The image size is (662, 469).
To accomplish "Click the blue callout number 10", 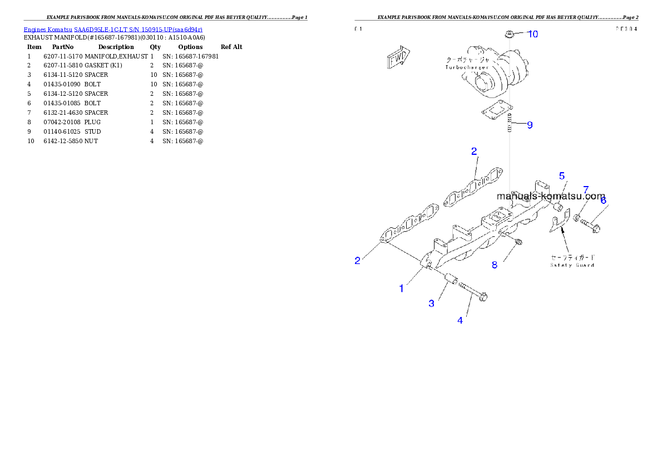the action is point(532,34).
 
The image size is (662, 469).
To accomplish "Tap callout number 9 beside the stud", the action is point(530,125).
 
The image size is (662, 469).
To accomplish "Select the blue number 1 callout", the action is point(401,288).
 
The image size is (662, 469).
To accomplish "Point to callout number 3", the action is point(431,303).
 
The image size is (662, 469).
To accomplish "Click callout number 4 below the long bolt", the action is point(562,176).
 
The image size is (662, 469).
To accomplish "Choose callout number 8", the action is point(586,190).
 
